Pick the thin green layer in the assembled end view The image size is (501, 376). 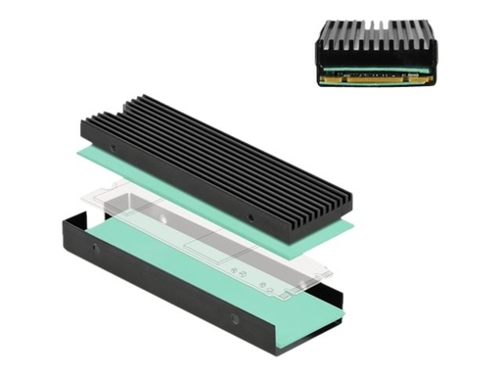(377, 70)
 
